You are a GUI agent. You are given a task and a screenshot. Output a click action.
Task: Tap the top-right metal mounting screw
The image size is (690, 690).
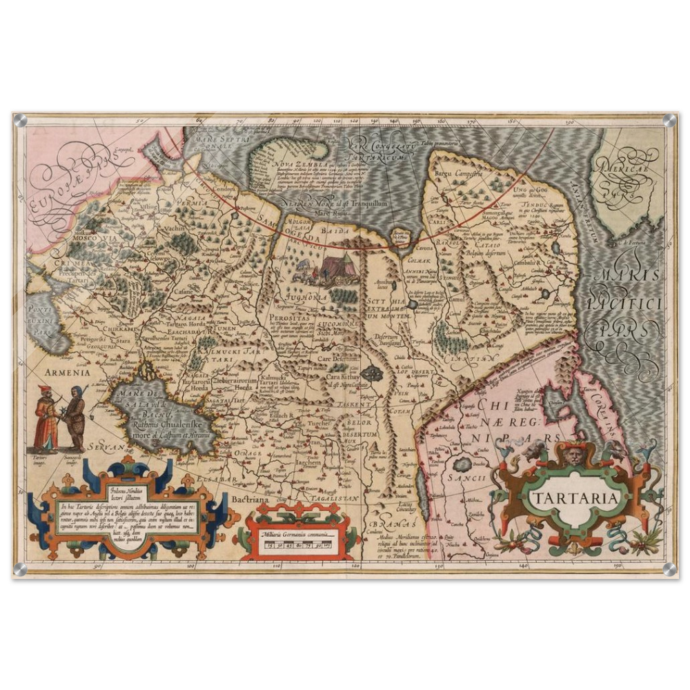[x=667, y=121]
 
